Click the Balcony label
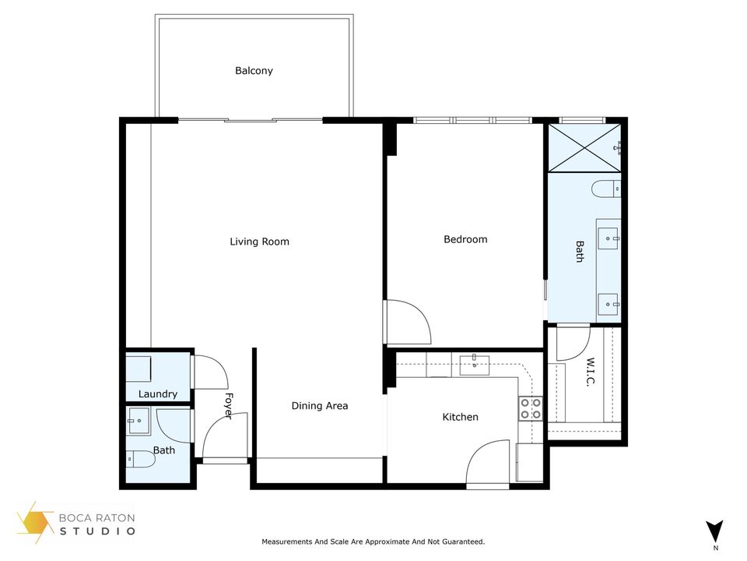pos(254,71)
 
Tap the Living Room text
pos(259,242)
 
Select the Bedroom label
pos(465,239)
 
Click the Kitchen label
pos(460,417)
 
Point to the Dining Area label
pos(320,405)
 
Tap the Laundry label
pos(158,394)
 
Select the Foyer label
pos(229,405)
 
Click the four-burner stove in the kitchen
pos(531,408)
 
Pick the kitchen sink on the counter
pos(474,363)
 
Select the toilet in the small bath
pos(141,460)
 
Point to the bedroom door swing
pos(408,321)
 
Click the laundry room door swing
pos(209,372)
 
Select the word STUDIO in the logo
pos(98,531)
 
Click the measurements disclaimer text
pos(373,542)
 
